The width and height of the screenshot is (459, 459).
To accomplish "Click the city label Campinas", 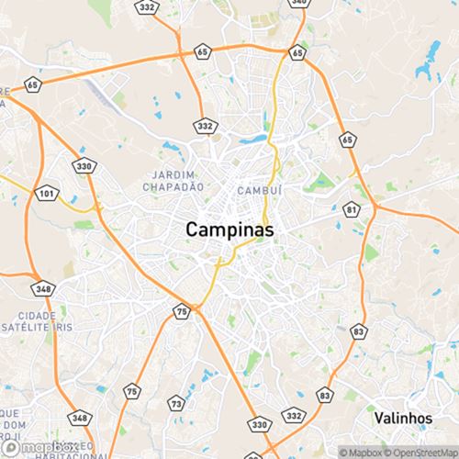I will coord(230,229).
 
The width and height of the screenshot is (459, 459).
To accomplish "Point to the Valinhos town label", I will coord(403,417).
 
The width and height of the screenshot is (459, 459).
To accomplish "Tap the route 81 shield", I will coord(353,210).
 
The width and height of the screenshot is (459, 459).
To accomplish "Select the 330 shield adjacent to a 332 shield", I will coord(260,425).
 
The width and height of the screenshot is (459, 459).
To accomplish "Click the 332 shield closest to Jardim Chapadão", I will coord(204,124).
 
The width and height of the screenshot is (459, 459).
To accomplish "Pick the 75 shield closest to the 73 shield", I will coord(133,392).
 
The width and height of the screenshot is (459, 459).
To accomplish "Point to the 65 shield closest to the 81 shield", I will coord(346,140).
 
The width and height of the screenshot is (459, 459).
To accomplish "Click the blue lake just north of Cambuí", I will coord(253,140).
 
